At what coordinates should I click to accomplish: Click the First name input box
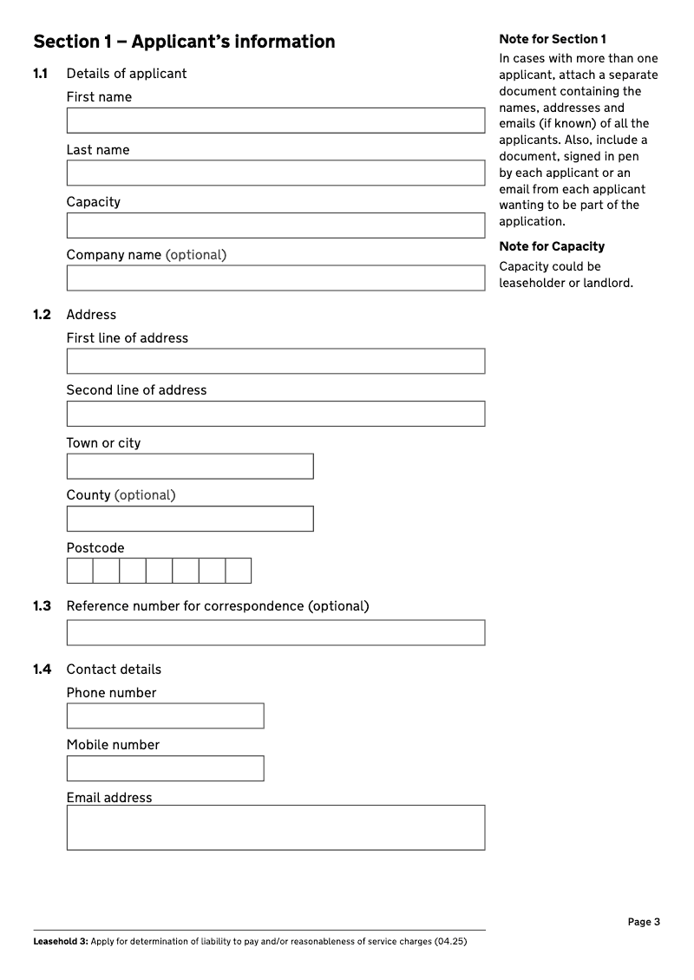pos(275,121)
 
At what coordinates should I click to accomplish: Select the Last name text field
pos(275,173)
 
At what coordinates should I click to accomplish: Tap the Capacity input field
pos(275,225)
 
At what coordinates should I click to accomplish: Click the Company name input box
pos(275,278)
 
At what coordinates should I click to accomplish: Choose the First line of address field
pos(275,362)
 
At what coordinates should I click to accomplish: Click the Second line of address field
pos(275,414)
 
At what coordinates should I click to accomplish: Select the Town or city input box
pos(190,467)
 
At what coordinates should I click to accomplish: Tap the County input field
pos(190,519)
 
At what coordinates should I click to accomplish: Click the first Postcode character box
pos(80,571)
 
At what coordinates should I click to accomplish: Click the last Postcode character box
pos(239,571)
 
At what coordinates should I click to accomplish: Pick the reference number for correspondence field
pos(275,632)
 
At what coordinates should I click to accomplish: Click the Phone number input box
pos(165,715)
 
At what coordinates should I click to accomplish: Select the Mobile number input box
pos(165,768)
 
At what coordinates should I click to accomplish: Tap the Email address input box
pos(275,827)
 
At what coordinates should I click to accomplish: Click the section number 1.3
pos(42,606)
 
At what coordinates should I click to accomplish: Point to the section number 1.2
pos(42,315)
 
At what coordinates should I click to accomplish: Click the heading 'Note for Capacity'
pos(552,246)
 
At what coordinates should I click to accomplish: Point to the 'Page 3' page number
pos(644,922)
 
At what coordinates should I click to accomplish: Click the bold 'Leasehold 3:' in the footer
pos(60,942)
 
